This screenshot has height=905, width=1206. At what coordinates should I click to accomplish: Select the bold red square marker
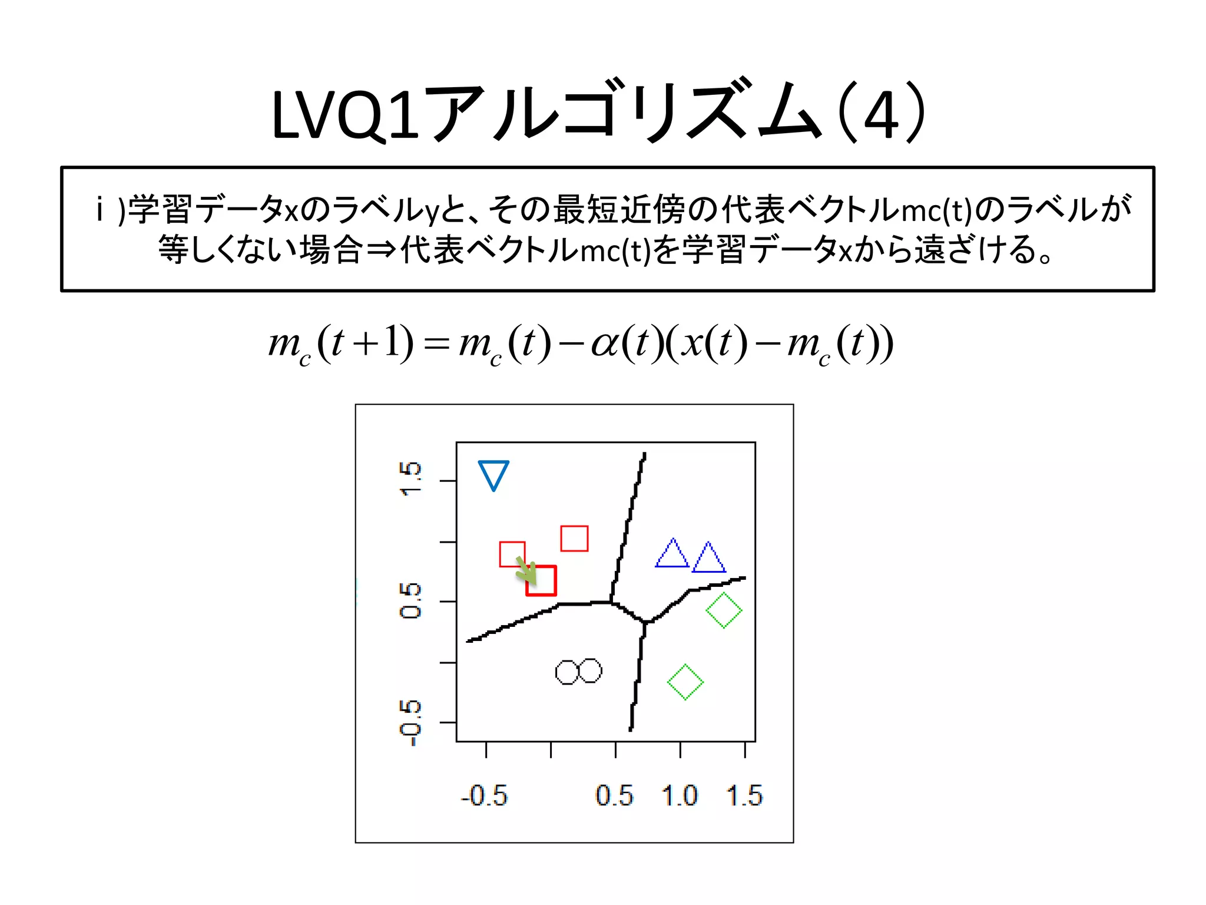pos(541,581)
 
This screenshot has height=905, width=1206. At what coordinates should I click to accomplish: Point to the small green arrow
pos(526,569)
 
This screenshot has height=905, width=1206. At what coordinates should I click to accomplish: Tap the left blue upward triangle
pos(672,555)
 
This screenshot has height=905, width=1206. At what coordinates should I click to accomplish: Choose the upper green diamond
pos(724,610)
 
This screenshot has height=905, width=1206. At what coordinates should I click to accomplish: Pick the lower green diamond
pos(685,682)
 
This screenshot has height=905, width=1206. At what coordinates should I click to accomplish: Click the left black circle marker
pos(568,672)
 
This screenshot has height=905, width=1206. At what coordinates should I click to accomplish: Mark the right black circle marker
pos(590,671)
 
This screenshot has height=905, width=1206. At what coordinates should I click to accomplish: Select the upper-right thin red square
pos(574,539)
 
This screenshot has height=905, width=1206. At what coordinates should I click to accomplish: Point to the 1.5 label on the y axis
pos(410,479)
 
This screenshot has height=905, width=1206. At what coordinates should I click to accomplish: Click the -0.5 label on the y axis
pos(410,723)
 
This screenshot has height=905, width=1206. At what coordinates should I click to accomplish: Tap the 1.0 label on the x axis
pos(680,796)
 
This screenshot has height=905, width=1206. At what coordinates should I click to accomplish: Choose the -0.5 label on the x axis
pos(484,796)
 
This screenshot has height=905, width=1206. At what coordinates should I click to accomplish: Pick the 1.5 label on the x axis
pos(745,796)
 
